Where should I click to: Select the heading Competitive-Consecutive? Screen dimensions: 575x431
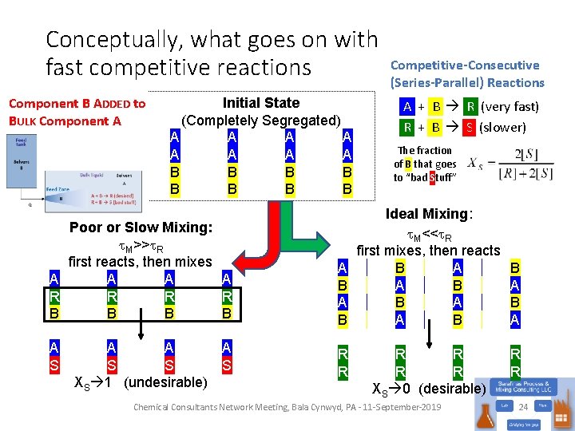[465, 65]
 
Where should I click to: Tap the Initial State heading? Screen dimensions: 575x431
[261, 103]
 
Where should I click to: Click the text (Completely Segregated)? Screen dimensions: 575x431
[261, 121]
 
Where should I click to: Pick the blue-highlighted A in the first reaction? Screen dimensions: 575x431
[407, 106]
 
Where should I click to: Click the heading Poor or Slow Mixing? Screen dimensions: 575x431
[141, 227]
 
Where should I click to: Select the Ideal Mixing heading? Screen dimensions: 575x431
[429, 214]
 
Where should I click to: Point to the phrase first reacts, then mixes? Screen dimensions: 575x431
[141, 261]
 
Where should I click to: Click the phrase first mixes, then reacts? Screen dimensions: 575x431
[428, 251]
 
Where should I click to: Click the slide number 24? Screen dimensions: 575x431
[524, 407]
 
